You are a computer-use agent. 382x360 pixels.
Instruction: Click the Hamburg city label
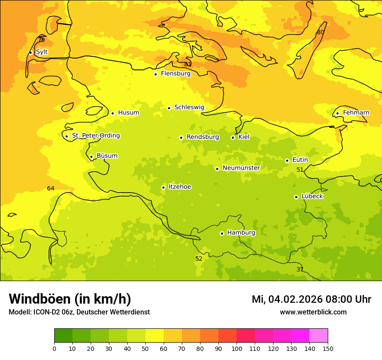point(241,233)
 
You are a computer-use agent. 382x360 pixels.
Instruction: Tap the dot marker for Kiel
point(233,137)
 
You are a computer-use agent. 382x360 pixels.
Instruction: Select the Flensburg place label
point(175,74)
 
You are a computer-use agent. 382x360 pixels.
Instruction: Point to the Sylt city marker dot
point(30,52)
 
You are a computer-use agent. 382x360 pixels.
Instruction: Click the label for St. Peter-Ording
point(95,136)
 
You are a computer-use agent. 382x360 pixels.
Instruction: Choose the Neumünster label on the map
point(241,168)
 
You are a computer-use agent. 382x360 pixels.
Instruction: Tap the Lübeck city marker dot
point(296,197)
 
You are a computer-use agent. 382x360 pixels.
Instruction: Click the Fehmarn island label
point(356,113)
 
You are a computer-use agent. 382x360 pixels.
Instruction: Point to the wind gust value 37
point(300,269)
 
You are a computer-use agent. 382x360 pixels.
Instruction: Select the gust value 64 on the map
point(51,188)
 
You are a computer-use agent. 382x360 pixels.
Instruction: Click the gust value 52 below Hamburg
point(199,259)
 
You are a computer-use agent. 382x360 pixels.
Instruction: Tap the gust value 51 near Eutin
point(300,170)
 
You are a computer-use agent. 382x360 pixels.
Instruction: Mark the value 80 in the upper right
point(320,32)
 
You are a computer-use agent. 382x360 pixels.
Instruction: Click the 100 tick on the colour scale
point(237,349)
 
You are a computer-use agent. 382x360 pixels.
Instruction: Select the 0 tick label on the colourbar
point(54,349)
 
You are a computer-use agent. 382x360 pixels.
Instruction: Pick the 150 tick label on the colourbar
point(328,349)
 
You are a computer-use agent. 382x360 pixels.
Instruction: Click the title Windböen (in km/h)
point(70,299)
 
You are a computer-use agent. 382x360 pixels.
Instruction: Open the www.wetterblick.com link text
point(313,312)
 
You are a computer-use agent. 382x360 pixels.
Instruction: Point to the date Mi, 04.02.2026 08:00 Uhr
point(311,299)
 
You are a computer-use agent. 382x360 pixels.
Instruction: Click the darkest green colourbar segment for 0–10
point(63,336)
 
